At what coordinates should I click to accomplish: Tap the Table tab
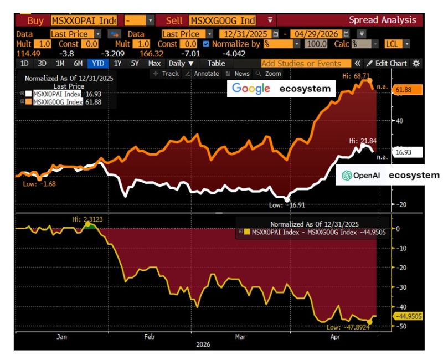(216, 63)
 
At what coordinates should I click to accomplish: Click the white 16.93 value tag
(407, 151)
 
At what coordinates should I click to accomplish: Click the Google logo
(251, 88)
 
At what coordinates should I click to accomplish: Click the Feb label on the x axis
(150, 336)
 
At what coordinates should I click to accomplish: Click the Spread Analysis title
(382, 20)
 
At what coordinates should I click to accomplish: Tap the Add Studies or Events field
(306, 63)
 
